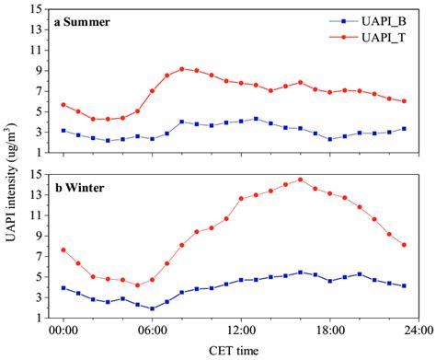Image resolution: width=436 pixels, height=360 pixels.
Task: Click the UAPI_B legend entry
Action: [x=372, y=20]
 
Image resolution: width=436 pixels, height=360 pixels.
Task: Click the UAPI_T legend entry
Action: [x=372, y=37]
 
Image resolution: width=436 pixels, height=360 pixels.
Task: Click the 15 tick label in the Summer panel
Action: [x=36, y=9]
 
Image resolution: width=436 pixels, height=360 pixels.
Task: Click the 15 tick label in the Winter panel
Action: [x=36, y=174]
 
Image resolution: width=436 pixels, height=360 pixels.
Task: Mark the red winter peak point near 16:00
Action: [x=300, y=180]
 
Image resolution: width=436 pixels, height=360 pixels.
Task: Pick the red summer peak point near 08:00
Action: [x=181, y=69]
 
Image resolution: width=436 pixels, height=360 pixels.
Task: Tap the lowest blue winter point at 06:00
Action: [x=152, y=308]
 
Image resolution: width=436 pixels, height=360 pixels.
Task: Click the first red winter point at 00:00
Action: [x=63, y=250]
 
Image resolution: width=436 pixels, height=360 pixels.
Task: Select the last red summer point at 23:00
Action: [x=404, y=101]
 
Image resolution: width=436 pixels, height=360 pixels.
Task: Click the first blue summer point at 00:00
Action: [x=63, y=131]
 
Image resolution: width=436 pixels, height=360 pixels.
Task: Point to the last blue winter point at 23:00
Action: [x=404, y=285]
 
